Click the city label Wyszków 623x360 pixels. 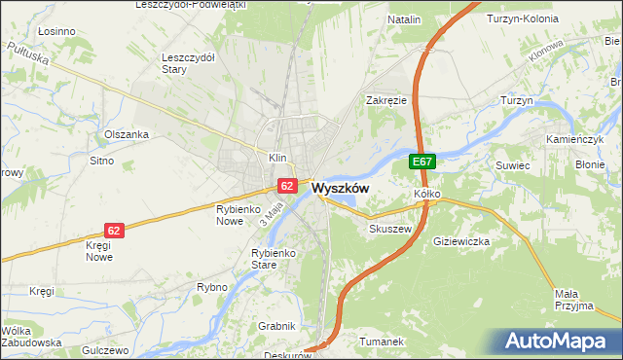pyautogui.click(x=340, y=188)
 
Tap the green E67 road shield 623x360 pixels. pyautogui.click(x=421, y=162)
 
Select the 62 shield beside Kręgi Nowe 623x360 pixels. pyautogui.click(x=115, y=231)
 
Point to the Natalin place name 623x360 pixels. pyautogui.click(x=404, y=19)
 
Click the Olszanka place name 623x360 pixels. pyautogui.click(x=127, y=134)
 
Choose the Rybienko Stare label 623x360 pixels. pyautogui.click(x=252, y=258)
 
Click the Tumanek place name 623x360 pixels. pyautogui.click(x=381, y=342)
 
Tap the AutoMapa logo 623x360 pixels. pyautogui.click(x=557, y=341)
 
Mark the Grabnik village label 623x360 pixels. pyautogui.click(x=275, y=326)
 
